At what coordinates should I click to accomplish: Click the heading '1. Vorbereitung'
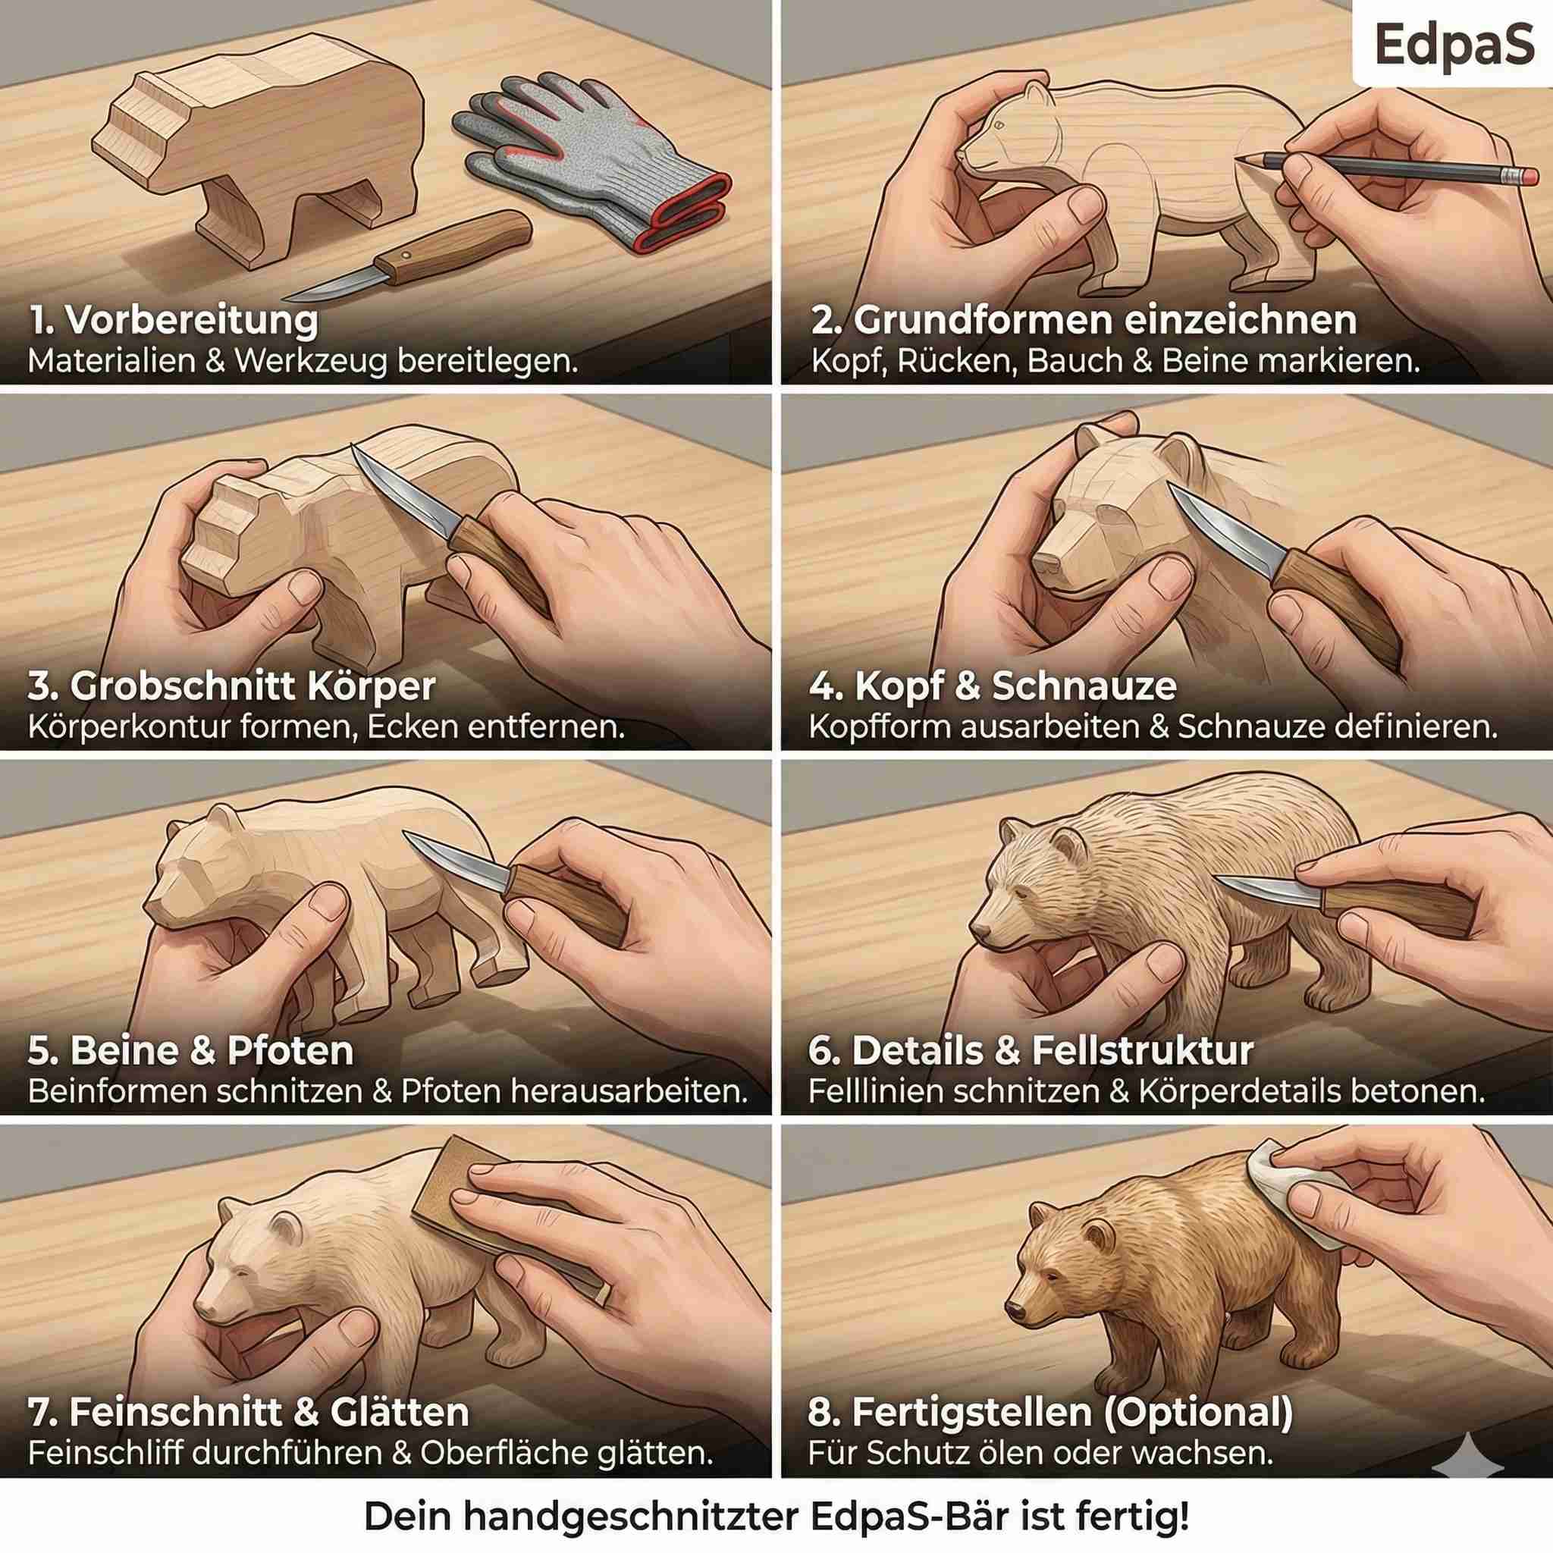point(174,320)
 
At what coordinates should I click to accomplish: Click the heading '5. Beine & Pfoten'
point(191,1052)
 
